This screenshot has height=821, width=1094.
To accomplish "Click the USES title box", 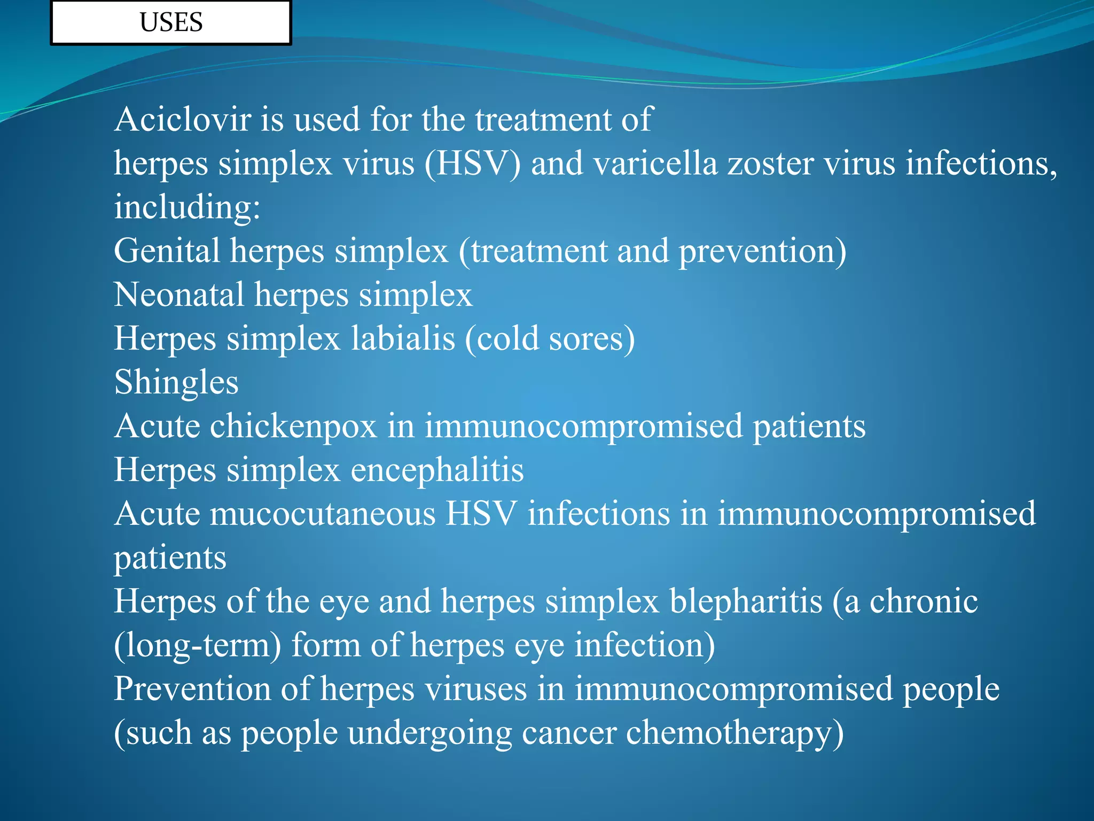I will [x=171, y=22].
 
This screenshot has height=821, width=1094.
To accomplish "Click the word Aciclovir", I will [x=182, y=119].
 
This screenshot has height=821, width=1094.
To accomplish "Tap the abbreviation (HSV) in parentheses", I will [x=472, y=163].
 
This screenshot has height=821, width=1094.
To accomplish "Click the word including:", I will [x=187, y=207].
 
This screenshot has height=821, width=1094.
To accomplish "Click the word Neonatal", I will [x=179, y=295].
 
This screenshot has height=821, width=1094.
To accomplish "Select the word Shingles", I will [x=176, y=383].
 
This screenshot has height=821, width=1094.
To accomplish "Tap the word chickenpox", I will [x=293, y=427].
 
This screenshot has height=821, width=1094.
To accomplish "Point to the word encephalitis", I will [x=437, y=470].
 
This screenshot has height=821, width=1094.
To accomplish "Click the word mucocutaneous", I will [x=323, y=514].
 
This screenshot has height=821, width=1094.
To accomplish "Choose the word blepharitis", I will [x=746, y=601].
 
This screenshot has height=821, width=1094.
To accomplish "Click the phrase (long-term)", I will [x=197, y=645].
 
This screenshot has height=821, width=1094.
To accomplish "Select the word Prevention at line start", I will [x=192, y=689].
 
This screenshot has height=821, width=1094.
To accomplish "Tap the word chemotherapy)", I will [x=734, y=733].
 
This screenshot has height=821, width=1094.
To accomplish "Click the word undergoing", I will [x=430, y=733].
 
